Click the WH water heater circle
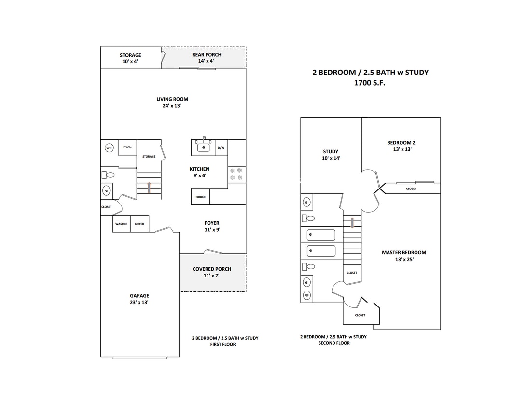(109, 148)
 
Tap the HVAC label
(127, 147)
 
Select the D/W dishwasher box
(221, 148)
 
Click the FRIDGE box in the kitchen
(201, 197)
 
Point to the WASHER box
(122, 224)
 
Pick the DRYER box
(139, 224)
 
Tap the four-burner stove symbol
(236, 174)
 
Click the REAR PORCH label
(207, 55)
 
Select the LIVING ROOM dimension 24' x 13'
(172, 106)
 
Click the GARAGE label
(139, 296)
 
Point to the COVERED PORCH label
(212, 269)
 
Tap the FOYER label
(212, 223)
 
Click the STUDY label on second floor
(331, 152)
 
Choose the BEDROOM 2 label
(401, 143)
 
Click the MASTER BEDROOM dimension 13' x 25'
(404, 259)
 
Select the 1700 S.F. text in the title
(370, 83)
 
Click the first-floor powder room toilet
(109, 175)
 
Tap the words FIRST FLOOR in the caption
(223, 344)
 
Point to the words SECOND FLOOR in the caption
(334, 343)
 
